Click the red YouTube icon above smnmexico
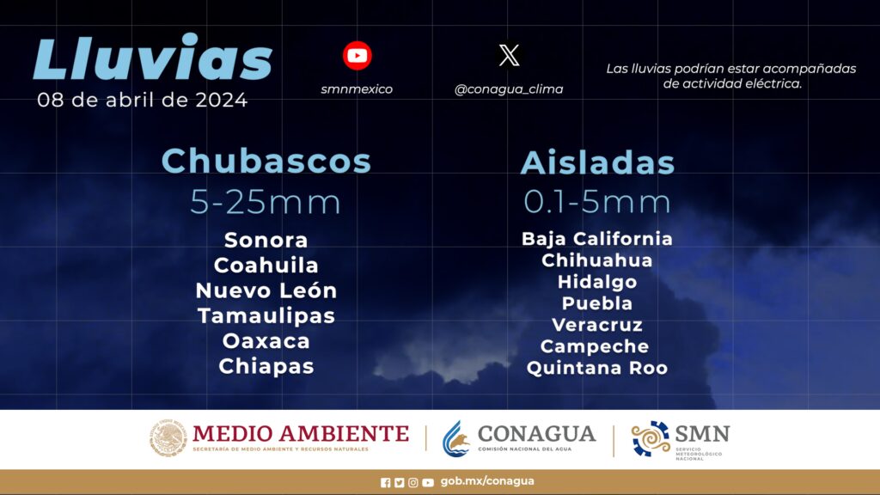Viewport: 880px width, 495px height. tap(357, 56)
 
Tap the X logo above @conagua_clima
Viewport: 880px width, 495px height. tap(509, 56)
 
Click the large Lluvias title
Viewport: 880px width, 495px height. tap(153, 57)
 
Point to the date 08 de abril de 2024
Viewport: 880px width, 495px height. tap(142, 100)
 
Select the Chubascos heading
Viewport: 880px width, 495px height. tap(266, 161)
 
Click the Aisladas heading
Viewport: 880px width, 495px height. tap(597, 162)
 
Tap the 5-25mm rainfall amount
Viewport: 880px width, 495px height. tap(266, 202)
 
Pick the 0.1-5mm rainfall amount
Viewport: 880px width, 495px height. tap(597, 202)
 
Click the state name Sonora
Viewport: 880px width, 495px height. tap(266, 241)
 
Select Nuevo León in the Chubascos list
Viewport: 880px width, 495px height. tap(266, 290)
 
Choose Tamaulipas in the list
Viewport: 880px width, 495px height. tap(266, 316)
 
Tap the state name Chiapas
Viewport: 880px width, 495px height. tap(266, 366)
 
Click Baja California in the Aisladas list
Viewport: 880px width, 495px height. tap(597, 239)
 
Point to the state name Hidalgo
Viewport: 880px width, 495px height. tap(597, 282)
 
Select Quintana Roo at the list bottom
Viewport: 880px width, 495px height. tap(597, 368)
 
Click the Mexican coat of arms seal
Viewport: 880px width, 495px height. tap(168, 438)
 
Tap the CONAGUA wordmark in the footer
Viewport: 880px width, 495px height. tap(536, 434)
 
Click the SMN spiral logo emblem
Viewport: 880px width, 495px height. tap(651, 438)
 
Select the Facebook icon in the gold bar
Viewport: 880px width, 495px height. tap(386, 483)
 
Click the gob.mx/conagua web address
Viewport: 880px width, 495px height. tap(487, 481)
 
